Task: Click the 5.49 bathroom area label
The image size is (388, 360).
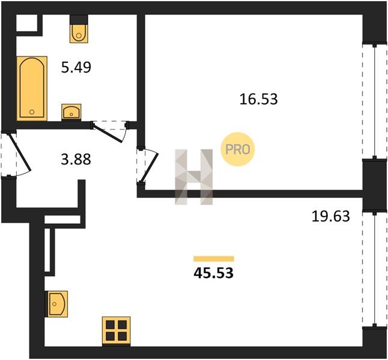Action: [76, 67]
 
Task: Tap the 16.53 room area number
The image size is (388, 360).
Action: [259, 99]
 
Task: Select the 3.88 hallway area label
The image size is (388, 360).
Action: [76, 159]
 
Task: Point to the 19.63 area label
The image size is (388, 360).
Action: [330, 216]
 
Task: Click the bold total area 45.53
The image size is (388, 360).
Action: [214, 273]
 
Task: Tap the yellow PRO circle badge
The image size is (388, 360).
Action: [238, 149]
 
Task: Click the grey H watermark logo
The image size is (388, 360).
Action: [194, 177]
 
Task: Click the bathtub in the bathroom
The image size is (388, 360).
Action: [32, 89]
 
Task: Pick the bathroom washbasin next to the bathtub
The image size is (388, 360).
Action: [71, 112]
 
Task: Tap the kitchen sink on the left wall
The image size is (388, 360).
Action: [56, 304]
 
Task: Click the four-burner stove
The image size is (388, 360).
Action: [117, 331]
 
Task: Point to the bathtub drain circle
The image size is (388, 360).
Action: [32, 112]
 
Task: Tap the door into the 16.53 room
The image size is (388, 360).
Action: [147, 166]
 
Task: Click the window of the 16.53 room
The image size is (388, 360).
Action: [375, 101]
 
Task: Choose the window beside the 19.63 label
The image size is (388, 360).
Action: [375, 269]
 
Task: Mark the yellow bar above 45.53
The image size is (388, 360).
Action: [214, 259]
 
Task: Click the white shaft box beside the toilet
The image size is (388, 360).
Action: [26, 23]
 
